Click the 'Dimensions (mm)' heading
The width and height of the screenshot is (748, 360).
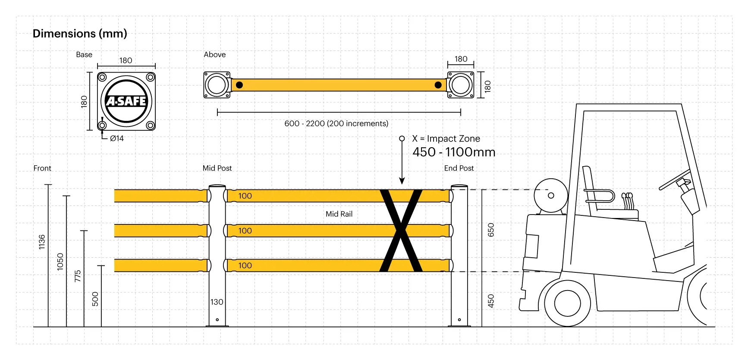(80, 34)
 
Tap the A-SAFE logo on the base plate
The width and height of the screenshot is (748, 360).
(126, 101)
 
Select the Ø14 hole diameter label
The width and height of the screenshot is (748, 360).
(117, 139)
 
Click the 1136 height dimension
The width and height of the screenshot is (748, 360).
(42, 242)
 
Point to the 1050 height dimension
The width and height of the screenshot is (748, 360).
(60, 262)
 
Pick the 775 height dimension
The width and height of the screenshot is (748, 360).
(78, 276)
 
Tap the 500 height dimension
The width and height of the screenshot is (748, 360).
(95, 299)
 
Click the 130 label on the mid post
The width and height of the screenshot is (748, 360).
(217, 302)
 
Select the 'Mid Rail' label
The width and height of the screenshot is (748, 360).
(339, 214)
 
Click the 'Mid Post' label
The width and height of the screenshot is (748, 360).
(217, 168)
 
